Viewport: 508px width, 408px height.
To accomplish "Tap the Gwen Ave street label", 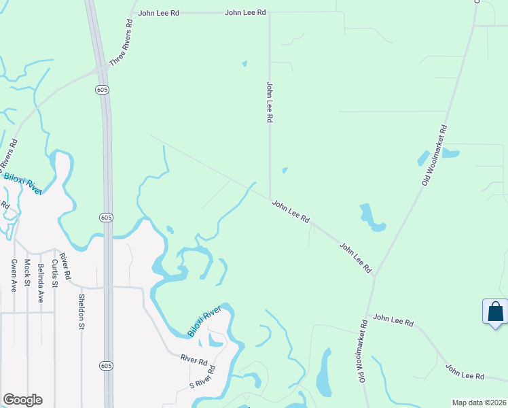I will pos(13,275).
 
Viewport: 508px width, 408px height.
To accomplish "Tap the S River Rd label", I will pos(202,378).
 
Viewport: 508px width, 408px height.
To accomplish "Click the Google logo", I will pos(22,400).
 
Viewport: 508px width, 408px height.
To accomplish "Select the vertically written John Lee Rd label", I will pos(270,102).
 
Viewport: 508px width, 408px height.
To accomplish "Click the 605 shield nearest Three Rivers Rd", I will pos(102,90).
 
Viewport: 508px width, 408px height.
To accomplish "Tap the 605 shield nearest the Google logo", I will pos(105,366).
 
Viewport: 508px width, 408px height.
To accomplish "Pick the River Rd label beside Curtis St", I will pos(66,267).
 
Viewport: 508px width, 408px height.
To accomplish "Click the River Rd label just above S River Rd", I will pos(193,358).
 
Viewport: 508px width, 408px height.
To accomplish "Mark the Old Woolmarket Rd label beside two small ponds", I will pos(433,154).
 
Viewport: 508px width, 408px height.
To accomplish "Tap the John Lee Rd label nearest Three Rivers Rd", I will pos(159,12).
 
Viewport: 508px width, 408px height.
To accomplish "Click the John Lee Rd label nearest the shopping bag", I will pos(465,371).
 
